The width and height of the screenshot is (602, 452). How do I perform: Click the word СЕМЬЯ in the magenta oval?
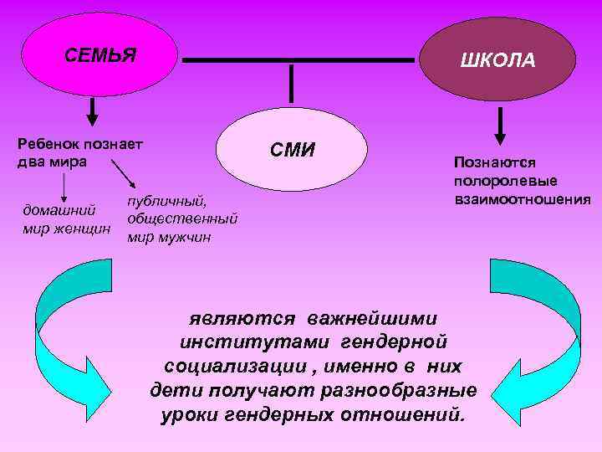coord(100,57)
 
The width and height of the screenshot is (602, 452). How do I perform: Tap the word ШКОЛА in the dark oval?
coord(497,60)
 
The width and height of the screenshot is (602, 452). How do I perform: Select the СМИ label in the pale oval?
coord(292,151)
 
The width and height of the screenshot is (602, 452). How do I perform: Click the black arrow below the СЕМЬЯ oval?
coord(92,110)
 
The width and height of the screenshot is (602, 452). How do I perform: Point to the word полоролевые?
coord(505,181)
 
